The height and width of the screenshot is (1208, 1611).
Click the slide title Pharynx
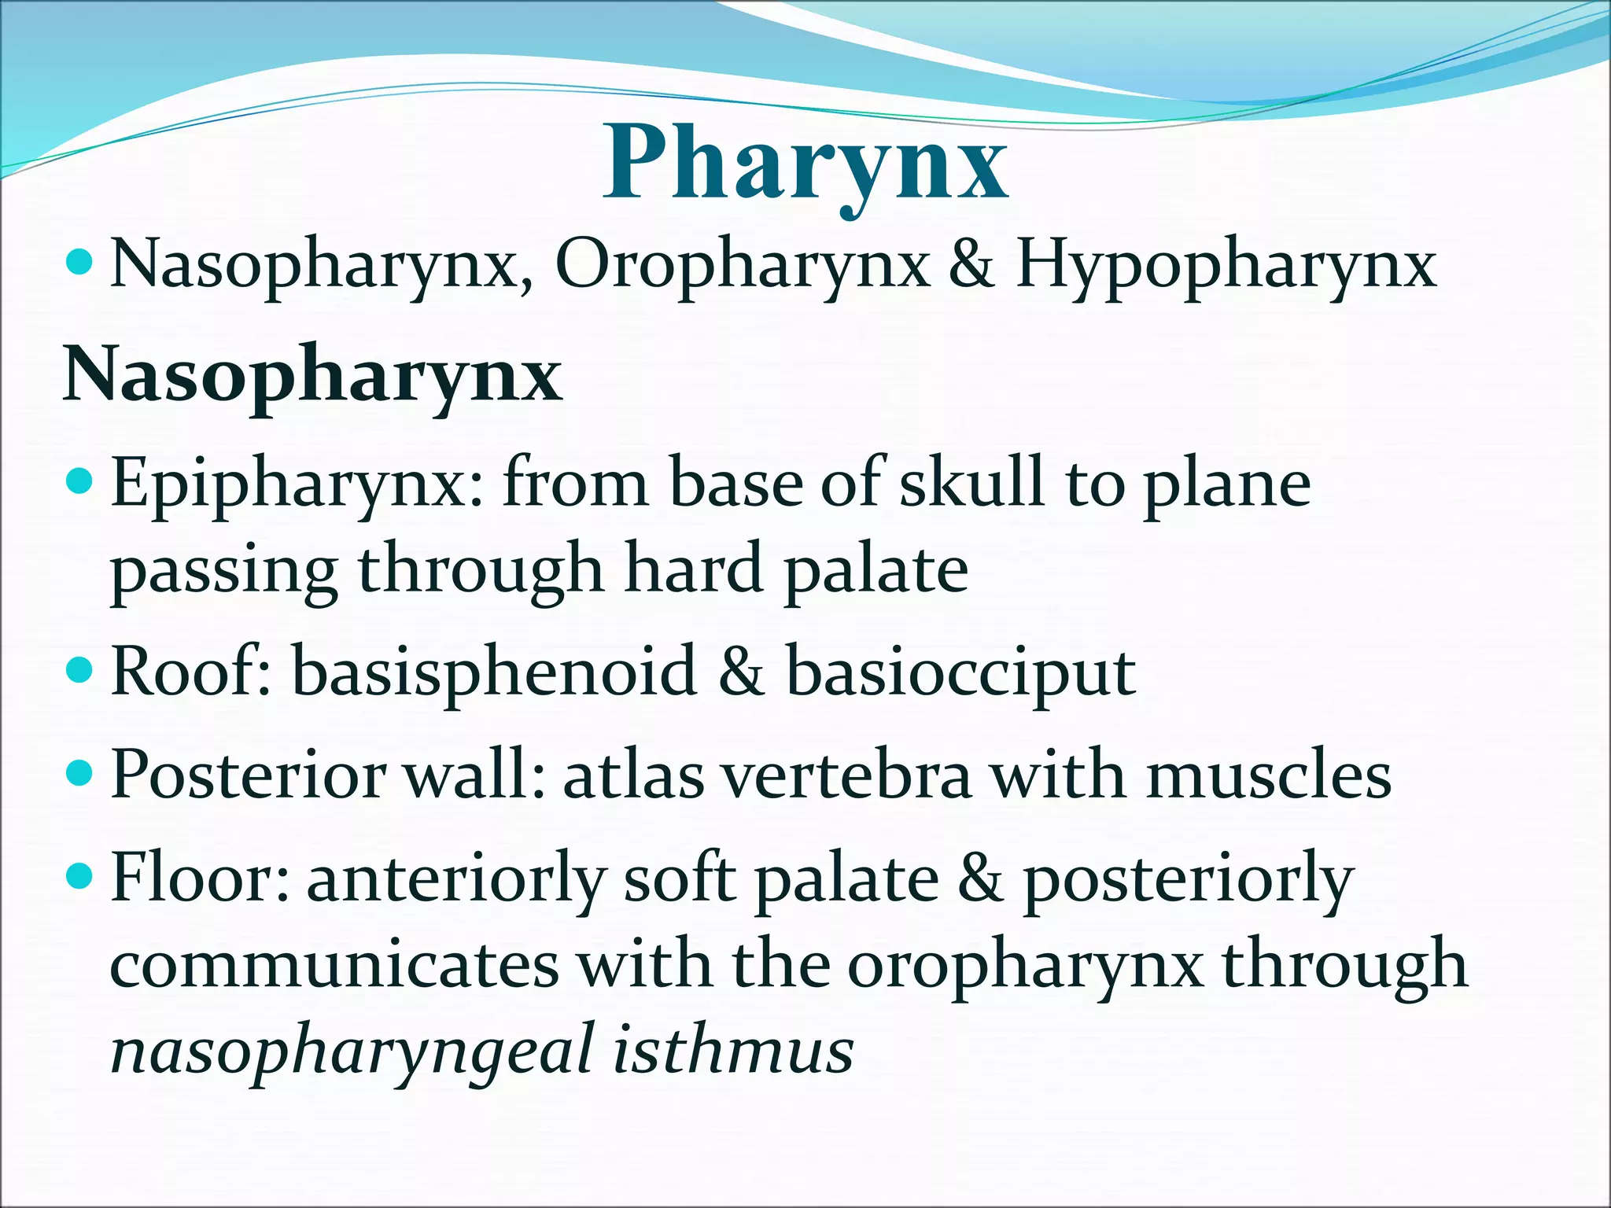click(x=805, y=165)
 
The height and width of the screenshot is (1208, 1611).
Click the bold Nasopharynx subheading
click(x=312, y=376)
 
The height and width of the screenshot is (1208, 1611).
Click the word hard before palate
click(x=693, y=569)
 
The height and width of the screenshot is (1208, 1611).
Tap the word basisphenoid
click(x=495, y=672)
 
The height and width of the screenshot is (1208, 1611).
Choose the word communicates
click(x=334, y=966)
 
